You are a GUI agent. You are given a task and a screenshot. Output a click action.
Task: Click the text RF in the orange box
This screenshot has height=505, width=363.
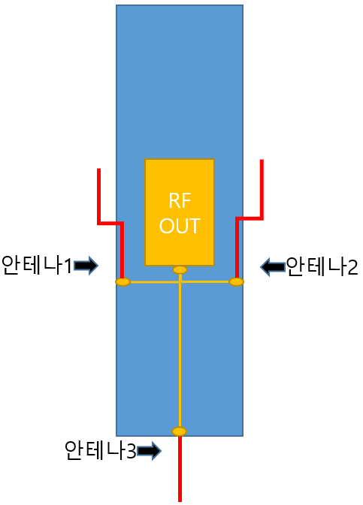(180, 200)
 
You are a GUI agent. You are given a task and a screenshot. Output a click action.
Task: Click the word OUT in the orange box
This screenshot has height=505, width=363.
(180, 226)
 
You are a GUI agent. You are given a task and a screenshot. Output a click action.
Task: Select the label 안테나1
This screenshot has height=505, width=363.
(37, 265)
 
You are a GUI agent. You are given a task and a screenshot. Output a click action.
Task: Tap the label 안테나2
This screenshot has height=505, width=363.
(322, 266)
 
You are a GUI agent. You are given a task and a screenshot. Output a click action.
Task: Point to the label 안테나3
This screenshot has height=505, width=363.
(101, 450)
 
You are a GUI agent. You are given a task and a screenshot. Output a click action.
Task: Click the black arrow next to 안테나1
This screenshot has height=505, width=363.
(86, 266)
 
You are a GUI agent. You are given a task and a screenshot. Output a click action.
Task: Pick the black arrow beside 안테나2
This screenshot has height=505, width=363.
(273, 266)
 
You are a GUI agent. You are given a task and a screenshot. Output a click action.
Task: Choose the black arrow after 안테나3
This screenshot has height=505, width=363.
(149, 451)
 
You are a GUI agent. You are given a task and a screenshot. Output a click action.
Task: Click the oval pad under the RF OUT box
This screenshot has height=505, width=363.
(180, 269)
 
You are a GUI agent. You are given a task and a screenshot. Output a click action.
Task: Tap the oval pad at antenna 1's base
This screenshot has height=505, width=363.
(123, 282)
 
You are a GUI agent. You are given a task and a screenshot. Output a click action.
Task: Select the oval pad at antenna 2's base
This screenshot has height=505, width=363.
(237, 282)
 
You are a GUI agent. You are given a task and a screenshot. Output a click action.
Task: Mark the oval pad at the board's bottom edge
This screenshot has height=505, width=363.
(180, 431)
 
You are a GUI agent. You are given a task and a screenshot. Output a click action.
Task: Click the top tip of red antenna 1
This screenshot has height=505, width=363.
(98, 169)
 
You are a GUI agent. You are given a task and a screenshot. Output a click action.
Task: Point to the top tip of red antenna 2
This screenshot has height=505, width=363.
(262, 160)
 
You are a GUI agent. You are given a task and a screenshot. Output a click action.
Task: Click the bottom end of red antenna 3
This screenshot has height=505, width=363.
(180, 500)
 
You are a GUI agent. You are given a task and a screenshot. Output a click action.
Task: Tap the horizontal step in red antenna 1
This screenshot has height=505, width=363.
(110, 223)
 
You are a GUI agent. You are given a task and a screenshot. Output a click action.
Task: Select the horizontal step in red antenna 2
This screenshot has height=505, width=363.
(250, 218)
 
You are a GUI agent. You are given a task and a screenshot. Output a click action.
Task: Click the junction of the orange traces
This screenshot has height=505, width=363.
(180, 282)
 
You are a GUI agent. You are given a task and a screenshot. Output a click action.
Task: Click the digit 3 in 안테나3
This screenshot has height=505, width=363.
(131, 451)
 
